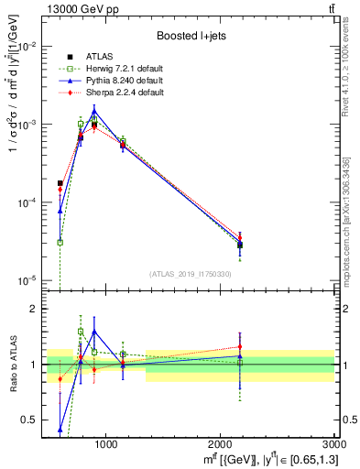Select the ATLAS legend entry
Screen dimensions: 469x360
click(x=97, y=57)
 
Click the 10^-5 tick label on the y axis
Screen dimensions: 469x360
click(x=27, y=279)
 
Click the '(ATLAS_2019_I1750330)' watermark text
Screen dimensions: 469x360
click(x=189, y=274)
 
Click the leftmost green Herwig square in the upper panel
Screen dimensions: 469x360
click(x=60, y=242)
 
